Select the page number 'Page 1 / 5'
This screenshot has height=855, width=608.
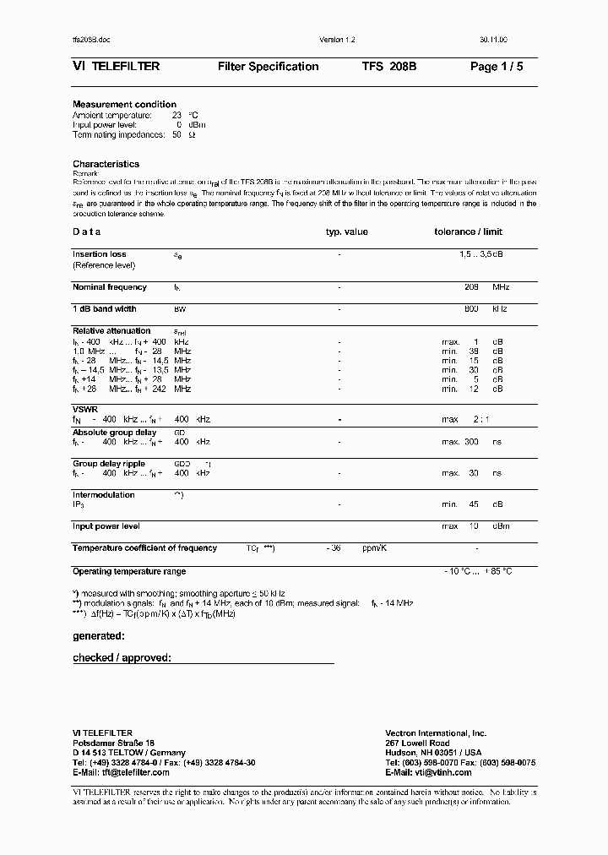[497, 67]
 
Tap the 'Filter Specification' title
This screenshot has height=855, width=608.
[268, 67]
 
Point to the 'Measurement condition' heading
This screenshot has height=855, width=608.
[124, 105]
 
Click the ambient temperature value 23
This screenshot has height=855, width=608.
[177, 115]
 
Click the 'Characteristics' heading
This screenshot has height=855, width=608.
[106, 164]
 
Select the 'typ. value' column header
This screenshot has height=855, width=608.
[347, 231]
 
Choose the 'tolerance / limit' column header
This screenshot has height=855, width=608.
[468, 231]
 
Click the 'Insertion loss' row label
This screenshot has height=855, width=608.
[99, 254]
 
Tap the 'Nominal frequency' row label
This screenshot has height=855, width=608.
[109, 287]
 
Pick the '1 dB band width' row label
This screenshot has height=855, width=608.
[104, 309]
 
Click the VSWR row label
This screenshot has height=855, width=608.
[85, 409]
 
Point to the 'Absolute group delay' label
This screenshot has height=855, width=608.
[114, 433]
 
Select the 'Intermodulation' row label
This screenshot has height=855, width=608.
[103, 495]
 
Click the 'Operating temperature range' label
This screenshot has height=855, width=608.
[129, 572]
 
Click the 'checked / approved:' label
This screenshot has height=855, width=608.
[122, 657]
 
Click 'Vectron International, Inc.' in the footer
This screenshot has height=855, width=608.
[435, 732]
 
